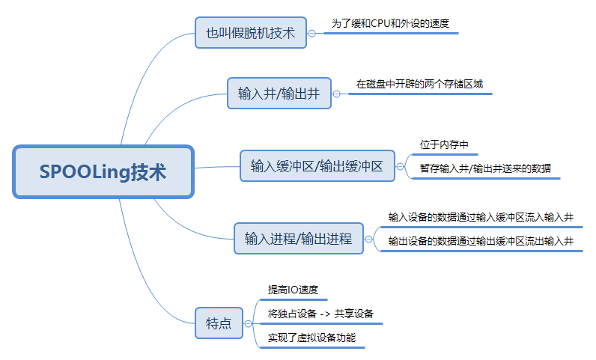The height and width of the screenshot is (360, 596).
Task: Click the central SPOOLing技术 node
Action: click(103, 171)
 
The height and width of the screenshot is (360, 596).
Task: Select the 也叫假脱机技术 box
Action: click(251, 33)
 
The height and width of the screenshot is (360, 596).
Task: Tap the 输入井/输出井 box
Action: click(279, 94)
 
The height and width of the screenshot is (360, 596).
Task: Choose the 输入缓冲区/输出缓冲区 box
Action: click(317, 165)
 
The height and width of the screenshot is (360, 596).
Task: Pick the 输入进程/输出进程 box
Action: click(298, 240)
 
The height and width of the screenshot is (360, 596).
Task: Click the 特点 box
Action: click(219, 323)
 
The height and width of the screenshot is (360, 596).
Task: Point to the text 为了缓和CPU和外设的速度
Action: click(390, 23)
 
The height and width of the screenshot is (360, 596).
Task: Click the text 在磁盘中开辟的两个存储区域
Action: click(419, 84)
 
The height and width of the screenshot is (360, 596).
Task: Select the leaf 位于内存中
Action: click(444, 144)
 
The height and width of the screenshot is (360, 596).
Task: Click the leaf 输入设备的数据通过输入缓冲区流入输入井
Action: click(481, 217)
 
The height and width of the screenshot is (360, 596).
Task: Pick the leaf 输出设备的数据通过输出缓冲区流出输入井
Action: click(481, 241)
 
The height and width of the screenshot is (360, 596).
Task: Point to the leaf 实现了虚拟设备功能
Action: click(311, 338)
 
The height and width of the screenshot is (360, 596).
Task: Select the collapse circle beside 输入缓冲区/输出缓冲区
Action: click(399, 166)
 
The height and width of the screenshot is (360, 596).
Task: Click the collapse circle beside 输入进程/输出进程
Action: click(368, 240)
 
